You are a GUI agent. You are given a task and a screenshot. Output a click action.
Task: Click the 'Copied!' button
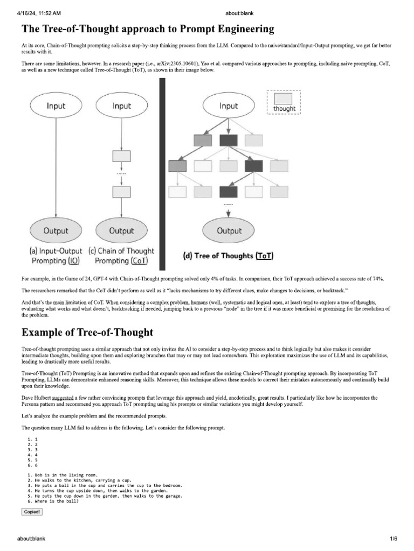tap(32, 511)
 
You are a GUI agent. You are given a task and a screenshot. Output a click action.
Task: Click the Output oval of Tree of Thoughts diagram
tap(229, 231)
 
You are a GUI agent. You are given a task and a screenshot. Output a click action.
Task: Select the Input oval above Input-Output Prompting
tap(56, 106)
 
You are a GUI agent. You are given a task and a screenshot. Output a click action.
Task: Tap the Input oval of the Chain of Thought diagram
tap(121, 106)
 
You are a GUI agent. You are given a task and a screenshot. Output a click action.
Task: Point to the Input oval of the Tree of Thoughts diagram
tap(229, 106)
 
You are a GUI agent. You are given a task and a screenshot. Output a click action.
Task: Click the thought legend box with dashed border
tap(284, 102)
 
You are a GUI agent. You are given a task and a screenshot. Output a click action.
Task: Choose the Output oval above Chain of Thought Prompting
tap(121, 231)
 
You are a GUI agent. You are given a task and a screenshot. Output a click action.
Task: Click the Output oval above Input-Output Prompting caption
tap(56, 231)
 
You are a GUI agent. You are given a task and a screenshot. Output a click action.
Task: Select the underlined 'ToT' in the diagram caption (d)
tap(265, 256)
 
